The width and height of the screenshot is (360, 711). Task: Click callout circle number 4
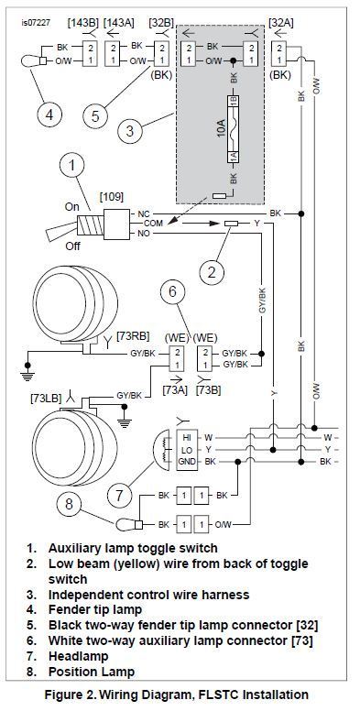(x=49, y=115)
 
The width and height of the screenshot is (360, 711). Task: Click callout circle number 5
(x=95, y=115)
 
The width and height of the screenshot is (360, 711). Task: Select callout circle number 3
(x=131, y=132)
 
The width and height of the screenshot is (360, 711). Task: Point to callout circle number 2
(x=213, y=272)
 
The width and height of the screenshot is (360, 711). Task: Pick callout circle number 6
(x=173, y=291)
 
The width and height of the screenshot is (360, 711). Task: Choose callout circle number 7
(x=120, y=495)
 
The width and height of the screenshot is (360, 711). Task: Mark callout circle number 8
(x=70, y=504)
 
